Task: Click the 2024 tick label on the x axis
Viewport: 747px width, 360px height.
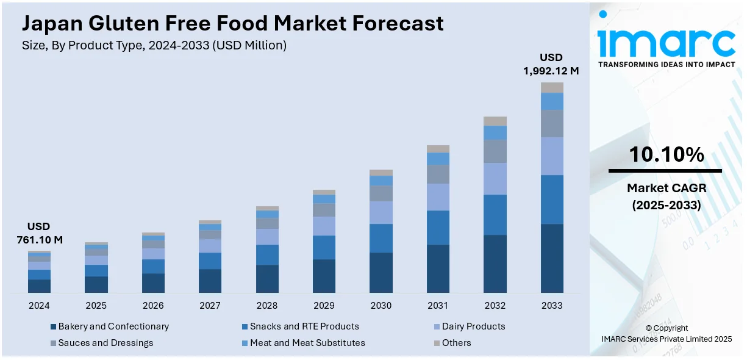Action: [x=39, y=305]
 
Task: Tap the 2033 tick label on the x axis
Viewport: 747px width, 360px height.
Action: [x=552, y=305]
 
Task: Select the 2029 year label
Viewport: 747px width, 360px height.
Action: [x=324, y=305]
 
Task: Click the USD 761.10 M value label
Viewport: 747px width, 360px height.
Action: [x=39, y=233]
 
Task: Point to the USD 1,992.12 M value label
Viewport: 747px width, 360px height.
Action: [x=551, y=64]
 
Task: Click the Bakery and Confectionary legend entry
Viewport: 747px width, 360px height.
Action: [x=110, y=326]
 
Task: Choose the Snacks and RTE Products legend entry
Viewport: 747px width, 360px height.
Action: [x=301, y=326]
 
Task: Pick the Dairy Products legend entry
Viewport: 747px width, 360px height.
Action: [x=470, y=326]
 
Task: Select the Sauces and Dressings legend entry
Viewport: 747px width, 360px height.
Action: [x=102, y=343]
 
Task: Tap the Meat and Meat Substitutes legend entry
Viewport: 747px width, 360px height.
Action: [x=304, y=343]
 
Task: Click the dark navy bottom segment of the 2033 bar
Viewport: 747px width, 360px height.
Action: [x=552, y=258]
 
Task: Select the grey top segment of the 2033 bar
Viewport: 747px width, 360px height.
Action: [x=552, y=87]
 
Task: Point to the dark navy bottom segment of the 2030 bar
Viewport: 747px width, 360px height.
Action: [x=381, y=272]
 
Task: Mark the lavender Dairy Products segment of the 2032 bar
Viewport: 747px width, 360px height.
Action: [x=495, y=179]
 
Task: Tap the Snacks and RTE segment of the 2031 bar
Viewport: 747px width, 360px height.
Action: [x=438, y=228]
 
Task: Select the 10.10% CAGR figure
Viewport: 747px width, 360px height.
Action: [x=666, y=155]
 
